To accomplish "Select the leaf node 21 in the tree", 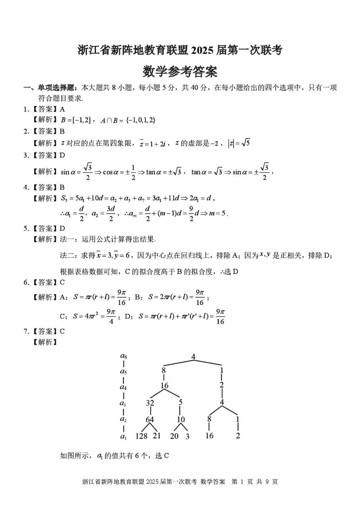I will [157, 436].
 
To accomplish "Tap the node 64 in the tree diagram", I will [150, 420].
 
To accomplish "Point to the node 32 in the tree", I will [150, 403].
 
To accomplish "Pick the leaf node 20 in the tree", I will [174, 436].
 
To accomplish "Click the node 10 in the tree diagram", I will [180, 420].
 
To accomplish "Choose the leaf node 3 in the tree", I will [187, 436].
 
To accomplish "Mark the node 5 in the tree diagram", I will [180, 403].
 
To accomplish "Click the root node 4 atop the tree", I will [193, 357].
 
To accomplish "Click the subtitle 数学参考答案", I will [180, 71].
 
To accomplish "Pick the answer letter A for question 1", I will [62, 109].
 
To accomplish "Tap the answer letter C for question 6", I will [62, 282].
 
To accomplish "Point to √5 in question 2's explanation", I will [245, 143].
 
